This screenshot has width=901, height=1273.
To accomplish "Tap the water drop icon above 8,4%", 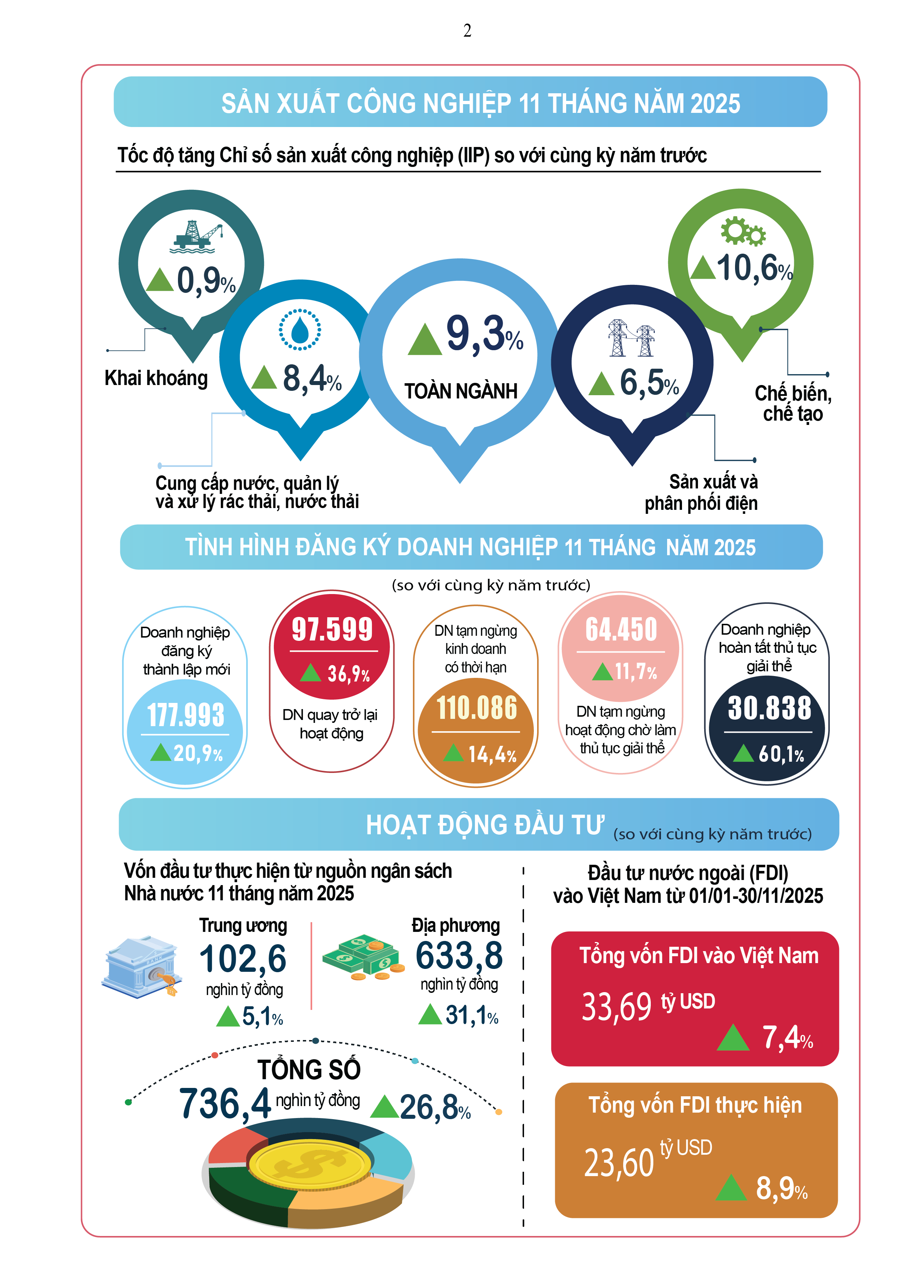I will (300, 330).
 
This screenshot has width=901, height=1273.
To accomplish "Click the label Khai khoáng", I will (156, 378).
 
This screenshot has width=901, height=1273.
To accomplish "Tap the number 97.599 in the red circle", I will (332, 629).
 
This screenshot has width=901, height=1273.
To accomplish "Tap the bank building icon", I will (142, 967).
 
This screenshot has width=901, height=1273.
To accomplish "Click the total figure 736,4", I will (225, 1103).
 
